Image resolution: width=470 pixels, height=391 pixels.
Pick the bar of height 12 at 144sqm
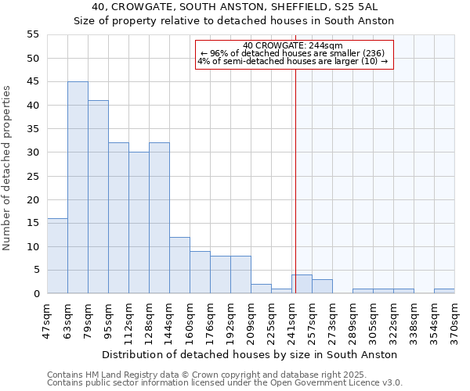(179, 265)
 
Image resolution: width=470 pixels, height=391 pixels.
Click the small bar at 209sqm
(261, 289)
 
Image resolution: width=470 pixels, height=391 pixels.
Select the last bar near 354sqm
(444, 291)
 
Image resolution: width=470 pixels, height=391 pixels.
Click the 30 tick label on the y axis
(33, 152)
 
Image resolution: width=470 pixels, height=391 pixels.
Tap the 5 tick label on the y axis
(36, 270)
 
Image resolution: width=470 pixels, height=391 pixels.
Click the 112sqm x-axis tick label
(128, 318)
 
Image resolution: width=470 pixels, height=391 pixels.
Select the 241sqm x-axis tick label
(291, 318)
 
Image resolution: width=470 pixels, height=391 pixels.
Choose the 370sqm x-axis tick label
(454, 318)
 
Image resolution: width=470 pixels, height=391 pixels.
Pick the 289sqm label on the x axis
(352, 318)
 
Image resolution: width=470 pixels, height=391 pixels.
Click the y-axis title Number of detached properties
(8, 168)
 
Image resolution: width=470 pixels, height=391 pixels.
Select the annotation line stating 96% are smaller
(293, 53)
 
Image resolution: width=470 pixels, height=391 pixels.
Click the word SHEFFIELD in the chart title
(248, 7)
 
